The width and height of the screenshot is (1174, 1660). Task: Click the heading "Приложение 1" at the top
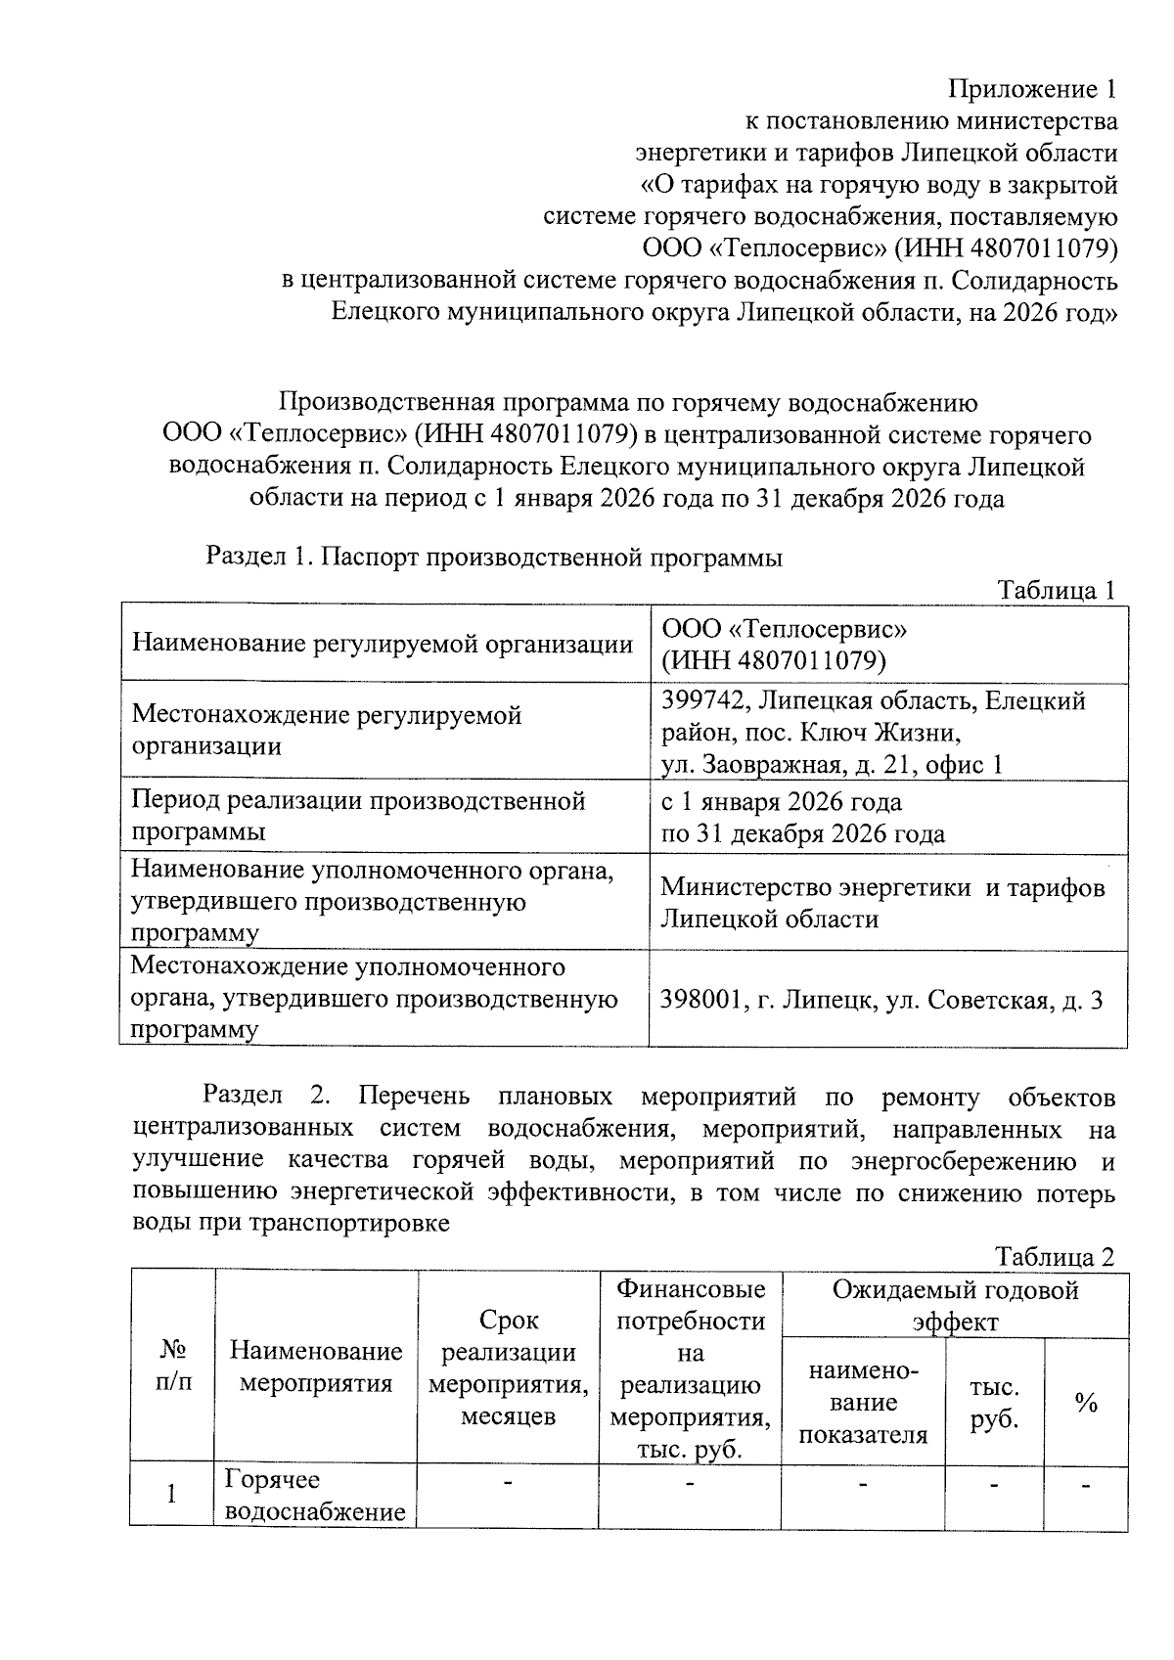(1032, 90)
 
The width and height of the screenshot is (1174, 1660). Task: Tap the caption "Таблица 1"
(1056, 590)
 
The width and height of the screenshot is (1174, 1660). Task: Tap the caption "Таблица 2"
(1055, 1256)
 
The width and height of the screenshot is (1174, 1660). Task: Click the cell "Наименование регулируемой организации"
(383, 644)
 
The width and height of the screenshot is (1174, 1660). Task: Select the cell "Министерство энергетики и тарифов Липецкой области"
(882, 903)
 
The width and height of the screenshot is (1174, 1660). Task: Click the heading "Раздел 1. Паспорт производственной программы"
(493, 558)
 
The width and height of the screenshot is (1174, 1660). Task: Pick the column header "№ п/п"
(172, 1366)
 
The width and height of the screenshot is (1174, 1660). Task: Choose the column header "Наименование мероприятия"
(316, 1367)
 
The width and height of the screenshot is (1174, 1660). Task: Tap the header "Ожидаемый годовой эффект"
(955, 1305)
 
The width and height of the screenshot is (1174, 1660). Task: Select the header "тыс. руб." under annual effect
(994, 1403)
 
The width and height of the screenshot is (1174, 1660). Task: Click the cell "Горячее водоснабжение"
(315, 1496)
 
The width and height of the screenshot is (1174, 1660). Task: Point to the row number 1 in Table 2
(172, 1495)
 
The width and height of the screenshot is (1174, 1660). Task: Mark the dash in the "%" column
(1086, 1487)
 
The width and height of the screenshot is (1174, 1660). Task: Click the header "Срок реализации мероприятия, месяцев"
(509, 1368)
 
